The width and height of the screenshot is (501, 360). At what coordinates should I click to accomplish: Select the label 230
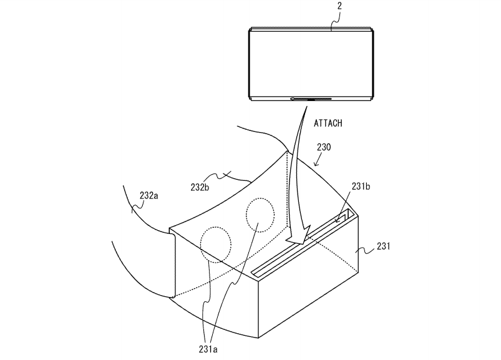(323, 148)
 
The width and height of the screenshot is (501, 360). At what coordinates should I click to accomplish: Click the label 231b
(362, 186)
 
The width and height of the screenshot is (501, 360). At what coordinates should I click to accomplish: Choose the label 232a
(148, 196)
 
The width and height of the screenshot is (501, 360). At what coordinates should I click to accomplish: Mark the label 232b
(202, 186)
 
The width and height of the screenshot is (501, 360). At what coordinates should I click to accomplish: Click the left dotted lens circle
(215, 244)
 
